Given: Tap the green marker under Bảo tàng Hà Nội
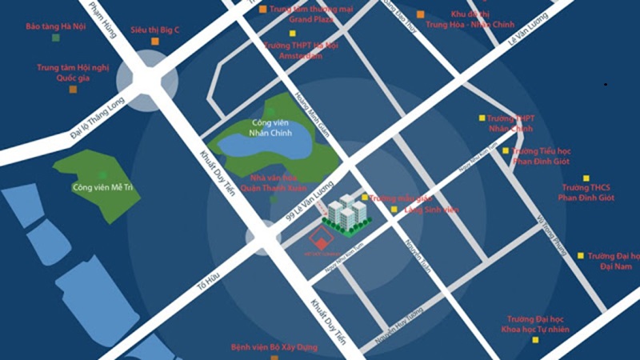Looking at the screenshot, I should pos(54,38).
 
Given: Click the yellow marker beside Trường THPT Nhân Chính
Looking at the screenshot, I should pos(482,118).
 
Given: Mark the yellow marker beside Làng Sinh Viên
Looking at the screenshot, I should pos(394,210).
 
